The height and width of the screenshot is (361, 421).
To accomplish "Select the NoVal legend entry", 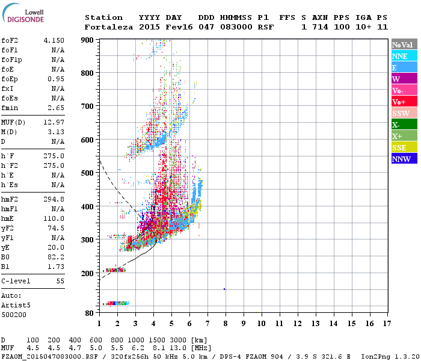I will [x=404, y=45].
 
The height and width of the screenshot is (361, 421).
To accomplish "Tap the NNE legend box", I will [x=404, y=56].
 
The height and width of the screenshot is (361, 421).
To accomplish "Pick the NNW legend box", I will [x=404, y=159].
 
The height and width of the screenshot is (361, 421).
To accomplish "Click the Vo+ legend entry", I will [x=404, y=102].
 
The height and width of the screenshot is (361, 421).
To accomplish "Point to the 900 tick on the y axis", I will [x=88, y=40].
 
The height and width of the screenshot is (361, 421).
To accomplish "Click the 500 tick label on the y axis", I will [x=88, y=173].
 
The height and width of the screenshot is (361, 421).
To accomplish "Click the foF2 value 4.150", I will [x=54, y=40].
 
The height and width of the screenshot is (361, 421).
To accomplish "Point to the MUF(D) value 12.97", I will [x=54, y=123].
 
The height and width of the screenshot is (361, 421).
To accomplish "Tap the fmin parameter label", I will [x=10, y=108].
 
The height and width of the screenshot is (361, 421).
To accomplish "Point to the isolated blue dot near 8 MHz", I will [x=224, y=289].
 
